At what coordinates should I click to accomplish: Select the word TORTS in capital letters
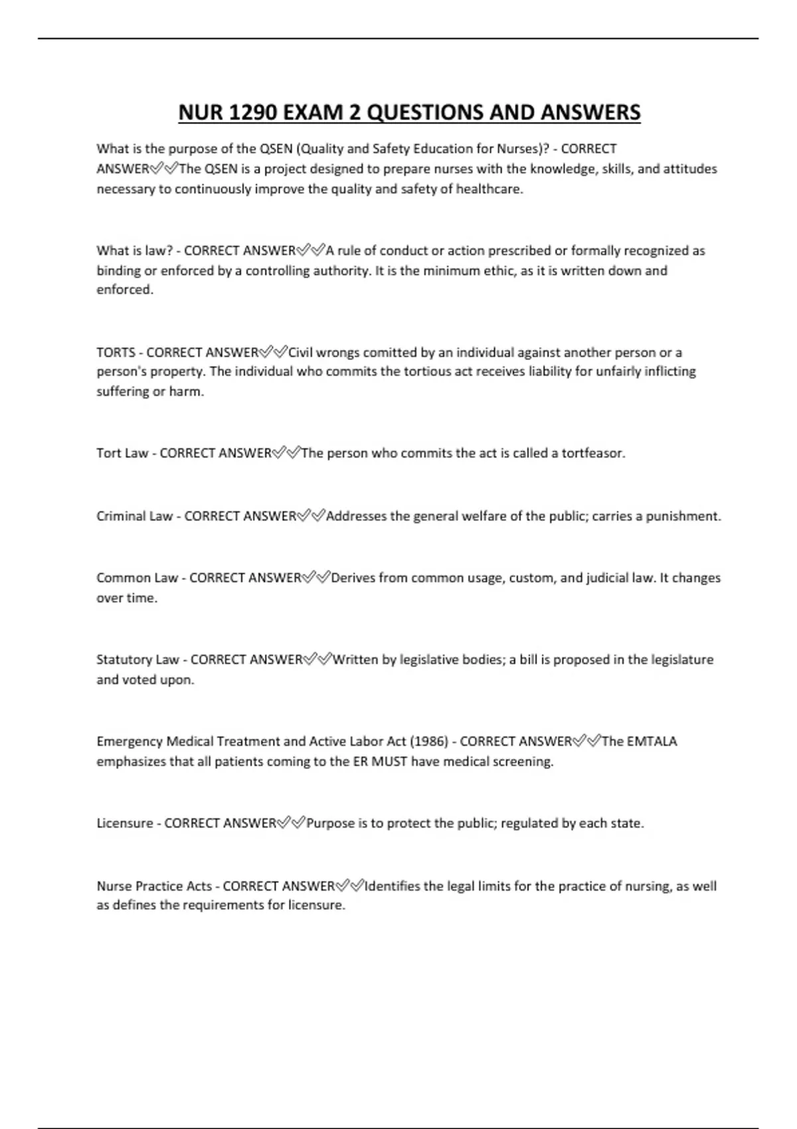click(x=116, y=353)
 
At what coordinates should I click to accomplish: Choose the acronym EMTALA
click(x=652, y=741)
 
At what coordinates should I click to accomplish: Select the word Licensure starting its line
click(x=124, y=824)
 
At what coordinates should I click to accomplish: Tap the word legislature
click(x=682, y=660)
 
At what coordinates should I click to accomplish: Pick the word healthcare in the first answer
click(x=489, y=189)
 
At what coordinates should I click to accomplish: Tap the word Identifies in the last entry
click(x=393, y=886)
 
